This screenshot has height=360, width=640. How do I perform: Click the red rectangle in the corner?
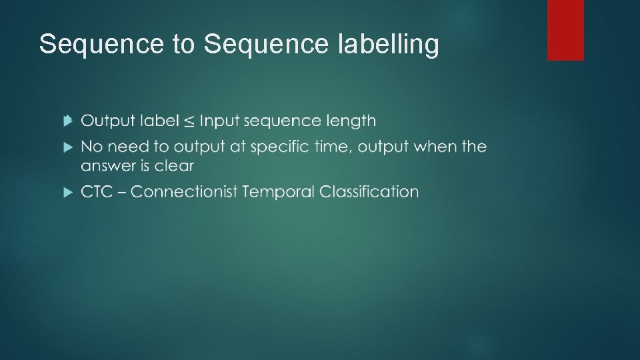coord(565,30)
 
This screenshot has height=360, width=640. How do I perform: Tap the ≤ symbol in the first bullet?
coord(190,121)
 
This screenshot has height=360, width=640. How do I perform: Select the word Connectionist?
coord(183,192)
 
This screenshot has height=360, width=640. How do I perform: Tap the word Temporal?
coord(278,192)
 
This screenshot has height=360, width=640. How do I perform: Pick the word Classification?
coord(369,192)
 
